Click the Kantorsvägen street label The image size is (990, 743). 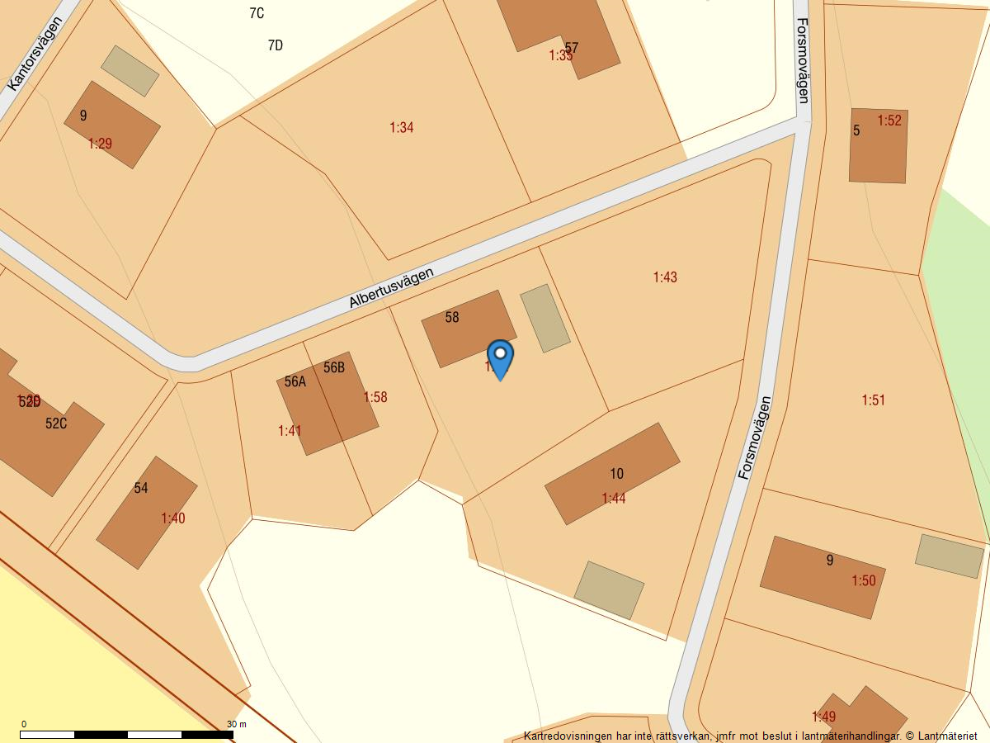(35, 53)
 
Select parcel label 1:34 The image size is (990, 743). (402, 127)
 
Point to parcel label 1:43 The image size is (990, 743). (665, 277)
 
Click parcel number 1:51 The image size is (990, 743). (873, 400)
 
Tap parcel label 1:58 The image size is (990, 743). (375, 397)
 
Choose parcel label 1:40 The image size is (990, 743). (173, 518)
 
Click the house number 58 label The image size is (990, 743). (452, 317)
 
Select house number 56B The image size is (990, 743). (334, 367)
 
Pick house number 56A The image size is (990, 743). (295, 381)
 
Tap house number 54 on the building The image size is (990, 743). (141, 488)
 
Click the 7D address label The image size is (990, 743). (276, 45)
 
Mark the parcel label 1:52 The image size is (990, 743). (889, 121)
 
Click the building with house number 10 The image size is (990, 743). (612, 473)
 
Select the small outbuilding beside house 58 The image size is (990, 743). (545, 318)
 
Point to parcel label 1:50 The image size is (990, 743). (864, 581)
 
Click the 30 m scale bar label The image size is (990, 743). (237, 724)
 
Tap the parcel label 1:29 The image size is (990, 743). (100, 144)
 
